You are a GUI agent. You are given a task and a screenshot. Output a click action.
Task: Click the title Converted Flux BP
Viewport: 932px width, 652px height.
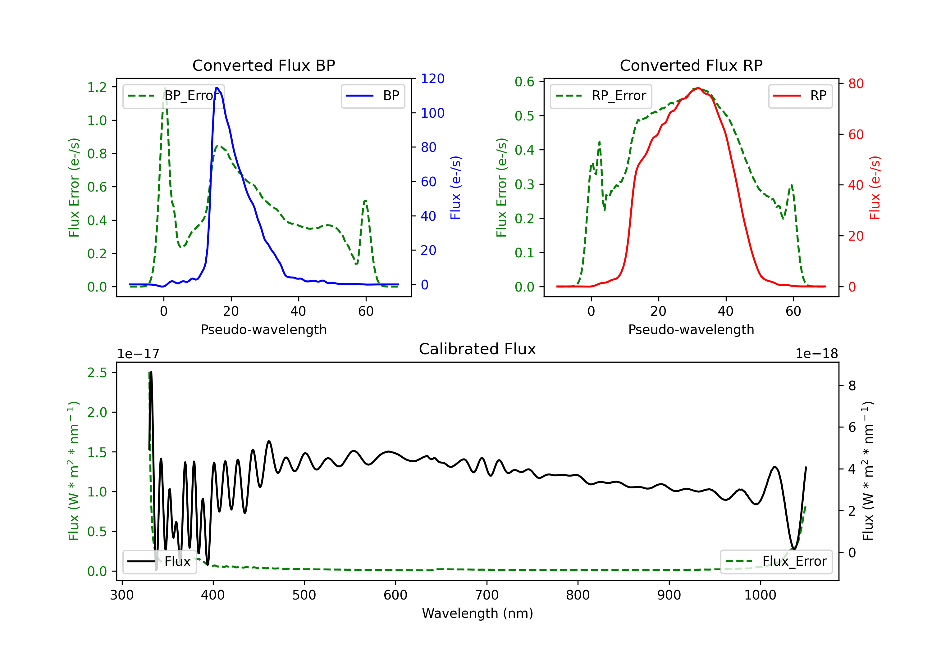pyautogui.click(x=263, y=65)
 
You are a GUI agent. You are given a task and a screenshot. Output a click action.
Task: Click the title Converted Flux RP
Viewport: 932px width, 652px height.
pyautogui.click(x=691, y=65)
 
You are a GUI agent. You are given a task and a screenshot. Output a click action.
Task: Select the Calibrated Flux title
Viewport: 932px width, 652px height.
pyautogui.click(x=477, y=349)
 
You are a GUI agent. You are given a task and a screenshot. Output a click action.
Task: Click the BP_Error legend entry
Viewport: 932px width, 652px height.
pyautogui.click(x=173, y=96)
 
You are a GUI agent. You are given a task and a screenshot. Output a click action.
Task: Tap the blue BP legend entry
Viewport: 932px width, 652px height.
pyautogui.click(x=372, y=96)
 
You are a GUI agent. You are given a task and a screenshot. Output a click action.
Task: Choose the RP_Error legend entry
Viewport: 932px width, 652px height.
pyautogui.click(x=601, y=96)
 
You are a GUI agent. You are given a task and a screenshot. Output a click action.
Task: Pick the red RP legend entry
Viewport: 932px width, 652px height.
pyautogui.click(x=800, y=96)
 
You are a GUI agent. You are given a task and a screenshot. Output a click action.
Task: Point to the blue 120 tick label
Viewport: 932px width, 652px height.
pyautogui.click(x=432, y=79)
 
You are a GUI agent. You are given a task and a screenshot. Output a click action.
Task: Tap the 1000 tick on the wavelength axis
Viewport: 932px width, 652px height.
pyautogui.click(x=760, y=595)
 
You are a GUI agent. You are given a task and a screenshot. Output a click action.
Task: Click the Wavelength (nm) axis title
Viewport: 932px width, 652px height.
pyautogui.click(x=477, y=613)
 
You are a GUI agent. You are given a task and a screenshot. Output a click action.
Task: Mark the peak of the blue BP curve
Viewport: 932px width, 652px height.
pyautogui.click(x=217, y=88)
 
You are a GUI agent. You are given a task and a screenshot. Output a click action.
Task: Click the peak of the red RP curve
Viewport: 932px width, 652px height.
pyautogui.click(x=698, y=88)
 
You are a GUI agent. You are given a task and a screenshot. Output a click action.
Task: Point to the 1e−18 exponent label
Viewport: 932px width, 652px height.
pyautogui.click(x=817, y=354)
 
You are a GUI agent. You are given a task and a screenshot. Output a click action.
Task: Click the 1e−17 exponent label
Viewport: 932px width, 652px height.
pyautogui.click(x=138, y=354)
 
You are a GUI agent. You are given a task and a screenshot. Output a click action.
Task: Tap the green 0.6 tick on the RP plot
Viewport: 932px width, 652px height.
pyautogui.click(x=524, y=82)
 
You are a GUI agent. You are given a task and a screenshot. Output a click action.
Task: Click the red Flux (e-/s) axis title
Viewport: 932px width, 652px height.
pyautogui.click(x=875, y=188)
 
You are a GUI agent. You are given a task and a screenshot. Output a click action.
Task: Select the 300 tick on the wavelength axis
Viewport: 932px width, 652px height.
pyautogui.click(x=122, y=595)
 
